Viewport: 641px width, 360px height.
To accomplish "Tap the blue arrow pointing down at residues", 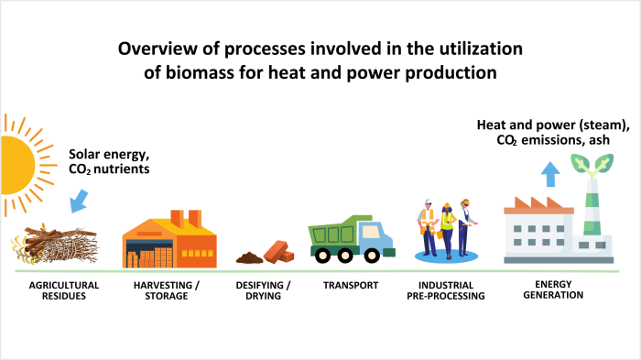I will pyautogui.click(x=78, y=198).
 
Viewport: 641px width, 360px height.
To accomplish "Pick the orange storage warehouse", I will pyautogui.click(x=169, y=240).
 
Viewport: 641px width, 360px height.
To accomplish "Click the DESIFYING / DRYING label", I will pyautogui.click(x=263, y=290).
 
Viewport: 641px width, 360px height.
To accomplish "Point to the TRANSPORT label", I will pyautogui.click(x=351, y=285).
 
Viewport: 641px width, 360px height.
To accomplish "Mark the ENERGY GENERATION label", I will pyautogui.click(x=552, y=290).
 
